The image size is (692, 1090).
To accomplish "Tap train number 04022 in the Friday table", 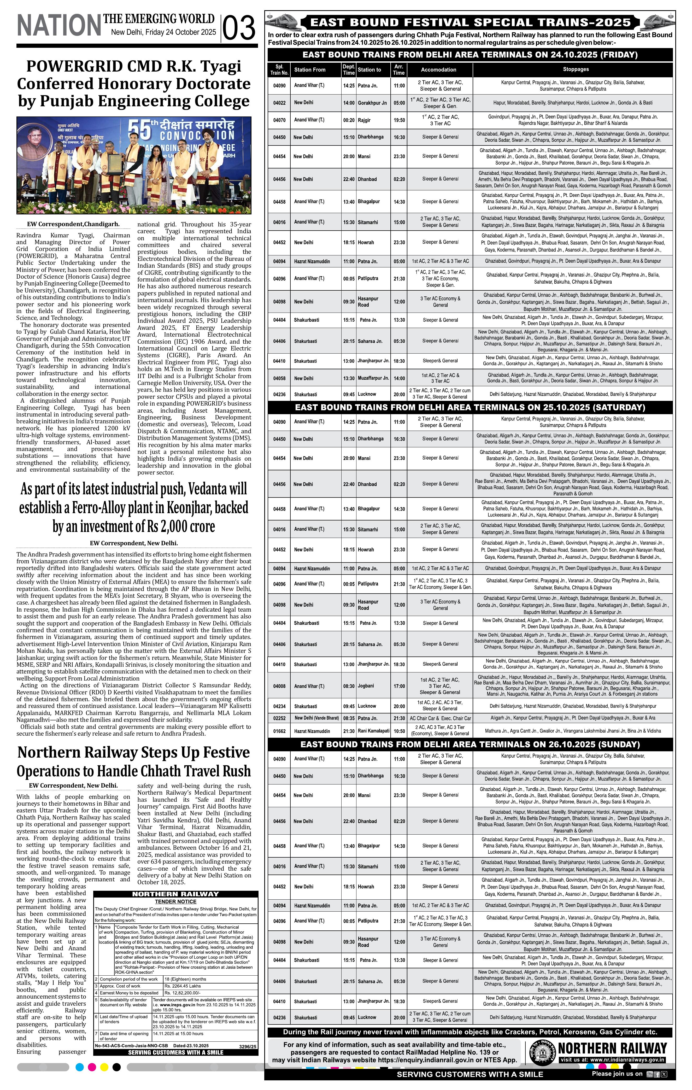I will [x=279, y=103].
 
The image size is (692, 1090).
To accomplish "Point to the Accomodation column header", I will [x=438, y=70].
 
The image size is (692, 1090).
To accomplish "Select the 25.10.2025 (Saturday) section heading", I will [x=470, y=407].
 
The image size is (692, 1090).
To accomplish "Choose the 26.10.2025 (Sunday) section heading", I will [x=470, y=744].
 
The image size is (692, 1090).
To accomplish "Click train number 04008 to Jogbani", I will [x=279, y=686].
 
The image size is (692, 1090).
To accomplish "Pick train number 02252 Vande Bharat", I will [x=279, y=718].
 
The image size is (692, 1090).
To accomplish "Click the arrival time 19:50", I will [x=399, y=120].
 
